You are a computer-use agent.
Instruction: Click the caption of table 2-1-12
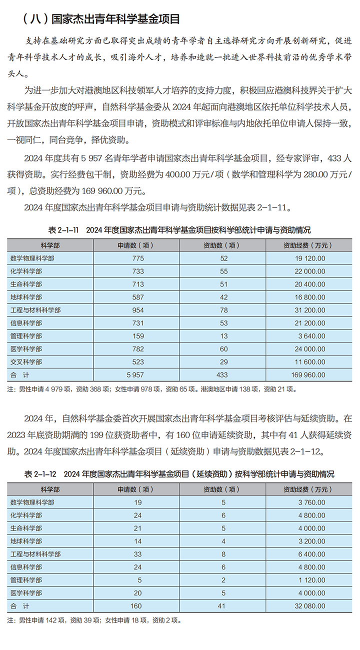point(179,473)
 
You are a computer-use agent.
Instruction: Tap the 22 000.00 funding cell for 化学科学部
point(309,271)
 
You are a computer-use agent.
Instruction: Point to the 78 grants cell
point(223,310)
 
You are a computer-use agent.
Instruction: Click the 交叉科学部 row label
point(26,362)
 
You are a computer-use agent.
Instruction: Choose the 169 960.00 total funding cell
point(309,375)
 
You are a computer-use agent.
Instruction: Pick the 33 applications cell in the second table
point(137,554)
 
